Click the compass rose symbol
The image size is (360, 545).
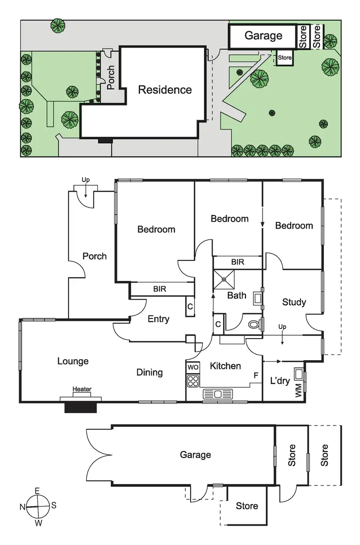point(37,506)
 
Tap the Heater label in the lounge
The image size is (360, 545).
point(82,389)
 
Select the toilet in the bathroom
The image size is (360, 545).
point(253,325)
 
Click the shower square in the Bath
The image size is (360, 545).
point(224,279)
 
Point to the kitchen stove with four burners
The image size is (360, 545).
point(193,382)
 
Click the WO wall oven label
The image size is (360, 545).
point(192,367)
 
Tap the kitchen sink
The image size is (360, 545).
point(218,394)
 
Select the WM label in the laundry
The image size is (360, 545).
point(299,390)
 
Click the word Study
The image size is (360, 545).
point(294,302)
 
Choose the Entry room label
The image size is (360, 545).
point(158,319)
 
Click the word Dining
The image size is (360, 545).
point(149,372)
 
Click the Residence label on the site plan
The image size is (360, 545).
point(165,90)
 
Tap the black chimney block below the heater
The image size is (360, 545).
point(81,407)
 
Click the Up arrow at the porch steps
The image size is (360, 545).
point(85,190)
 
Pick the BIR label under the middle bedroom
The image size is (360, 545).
point(238,262)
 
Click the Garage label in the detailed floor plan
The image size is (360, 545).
point(195,455)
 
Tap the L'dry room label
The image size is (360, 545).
point(279,381)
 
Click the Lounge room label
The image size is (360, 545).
point(73,361)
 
